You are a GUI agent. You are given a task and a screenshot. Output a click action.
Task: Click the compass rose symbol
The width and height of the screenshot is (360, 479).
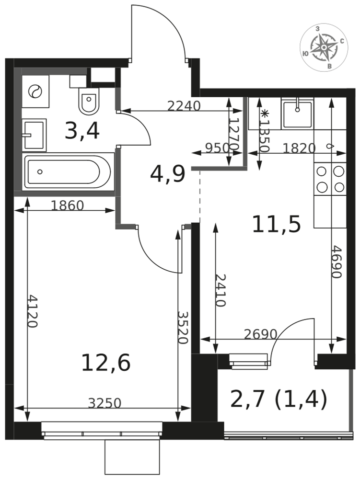324,47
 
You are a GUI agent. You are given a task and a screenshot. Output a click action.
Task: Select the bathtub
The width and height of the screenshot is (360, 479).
68,171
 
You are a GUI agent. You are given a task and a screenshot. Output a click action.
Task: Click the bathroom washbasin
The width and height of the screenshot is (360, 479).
34,135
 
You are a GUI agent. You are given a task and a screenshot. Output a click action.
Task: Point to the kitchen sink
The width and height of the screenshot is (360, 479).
297,114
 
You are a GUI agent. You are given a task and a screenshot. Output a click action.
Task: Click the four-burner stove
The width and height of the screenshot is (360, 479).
330,179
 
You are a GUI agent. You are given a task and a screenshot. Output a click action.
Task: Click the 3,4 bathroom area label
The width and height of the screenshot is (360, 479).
82,131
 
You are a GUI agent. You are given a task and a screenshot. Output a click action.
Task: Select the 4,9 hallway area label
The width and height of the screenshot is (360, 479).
168,174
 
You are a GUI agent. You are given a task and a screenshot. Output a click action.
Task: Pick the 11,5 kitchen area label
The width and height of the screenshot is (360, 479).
276,224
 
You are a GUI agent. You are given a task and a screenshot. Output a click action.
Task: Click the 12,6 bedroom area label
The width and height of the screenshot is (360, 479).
106,362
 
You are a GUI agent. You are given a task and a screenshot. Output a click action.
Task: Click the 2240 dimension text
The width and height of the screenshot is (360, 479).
184,106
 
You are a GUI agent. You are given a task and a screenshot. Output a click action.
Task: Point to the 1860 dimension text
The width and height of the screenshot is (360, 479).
67,205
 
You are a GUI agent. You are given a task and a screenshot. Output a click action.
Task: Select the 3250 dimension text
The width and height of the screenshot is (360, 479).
105,403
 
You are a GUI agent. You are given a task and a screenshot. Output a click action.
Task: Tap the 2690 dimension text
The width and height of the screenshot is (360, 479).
261,334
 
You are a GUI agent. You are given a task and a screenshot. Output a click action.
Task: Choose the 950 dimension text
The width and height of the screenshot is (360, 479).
217,148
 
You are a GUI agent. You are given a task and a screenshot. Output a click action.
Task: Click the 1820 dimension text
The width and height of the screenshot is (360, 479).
299,148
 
